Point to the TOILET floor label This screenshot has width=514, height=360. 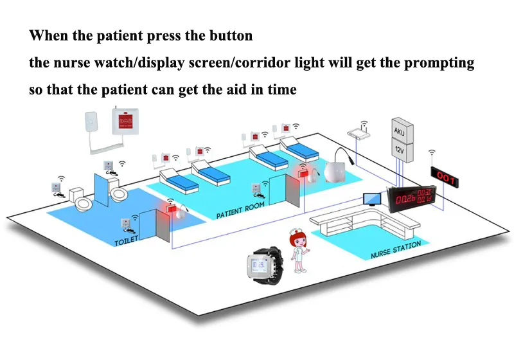[x=127, y=242]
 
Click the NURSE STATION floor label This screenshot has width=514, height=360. [x=396, y=249]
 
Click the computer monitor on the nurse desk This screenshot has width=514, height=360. [x=372, y=199]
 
